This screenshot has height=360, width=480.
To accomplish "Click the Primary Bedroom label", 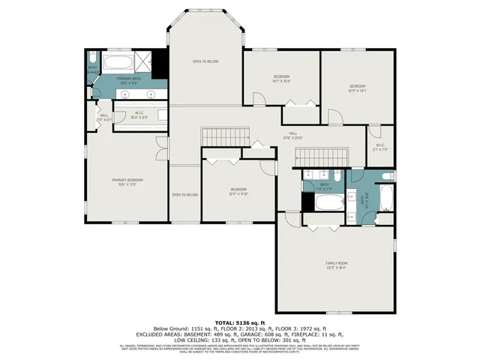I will [x=127, y=181].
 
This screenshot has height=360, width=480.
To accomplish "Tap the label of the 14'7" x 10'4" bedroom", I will [x=281, y=78].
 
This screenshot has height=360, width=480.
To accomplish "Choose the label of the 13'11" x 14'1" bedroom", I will [x=357, y=88].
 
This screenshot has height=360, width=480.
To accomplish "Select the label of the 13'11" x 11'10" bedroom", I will [x=238, y=191].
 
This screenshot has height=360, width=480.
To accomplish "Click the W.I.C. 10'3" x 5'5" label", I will [x=139, y=117].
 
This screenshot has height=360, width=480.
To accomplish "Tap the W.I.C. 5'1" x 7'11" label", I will [x=379, y=147].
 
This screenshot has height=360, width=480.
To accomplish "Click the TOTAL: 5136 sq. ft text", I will [x=239, y=322].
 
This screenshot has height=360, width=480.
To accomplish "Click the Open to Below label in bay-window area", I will [x=205, y=61].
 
